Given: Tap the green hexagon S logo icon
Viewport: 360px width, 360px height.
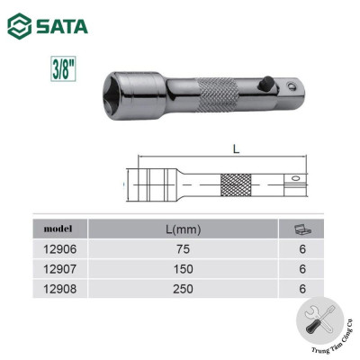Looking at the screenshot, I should coord(18,26).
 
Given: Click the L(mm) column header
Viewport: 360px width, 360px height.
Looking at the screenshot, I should coord(183,228).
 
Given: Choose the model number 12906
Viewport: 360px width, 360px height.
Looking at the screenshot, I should coord(59,248).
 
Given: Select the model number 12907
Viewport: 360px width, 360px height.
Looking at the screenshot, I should coord(59,268).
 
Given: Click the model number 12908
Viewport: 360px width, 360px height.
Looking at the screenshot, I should coord(59,288).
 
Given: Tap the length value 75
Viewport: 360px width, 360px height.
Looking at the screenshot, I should coord(183,248).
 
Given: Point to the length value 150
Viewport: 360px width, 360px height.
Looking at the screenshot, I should coord(183,268).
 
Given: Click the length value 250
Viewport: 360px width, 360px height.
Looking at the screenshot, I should coord(183,288).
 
